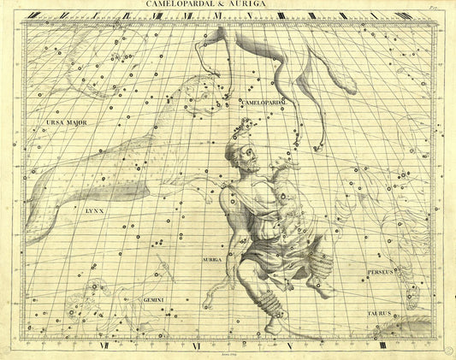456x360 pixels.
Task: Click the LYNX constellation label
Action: (x=94, y=208)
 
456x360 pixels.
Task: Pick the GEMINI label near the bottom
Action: (x=153, y=299)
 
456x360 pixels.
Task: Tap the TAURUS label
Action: (x=379, y=313)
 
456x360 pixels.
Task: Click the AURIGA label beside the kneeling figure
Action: (x=211, y=257)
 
